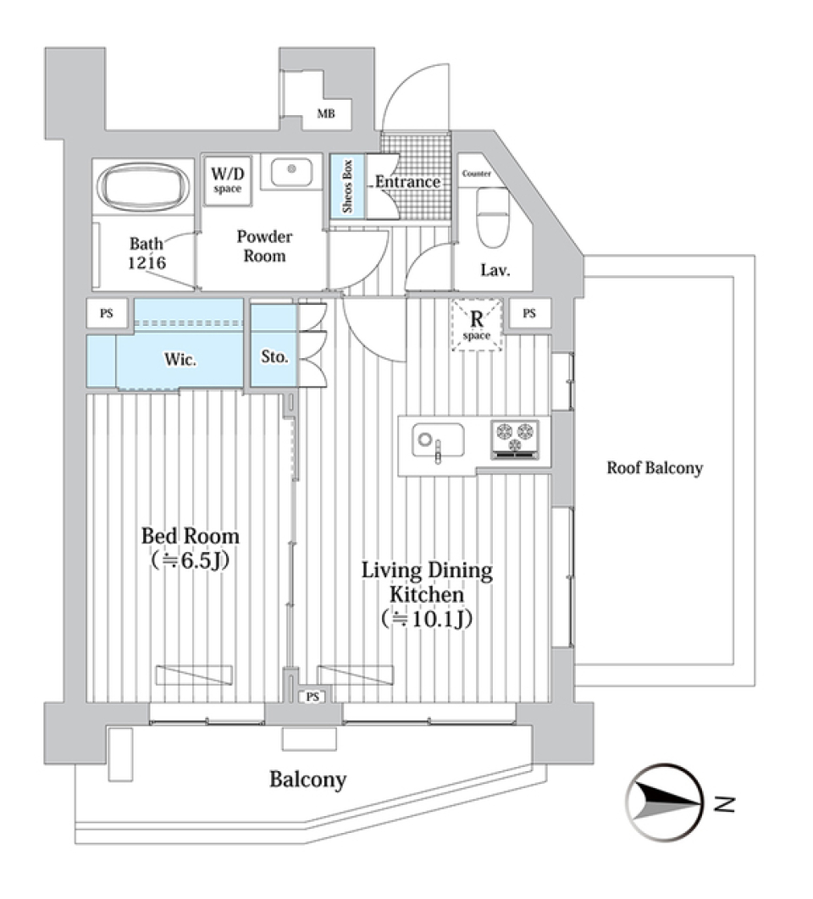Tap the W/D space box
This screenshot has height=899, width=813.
(226, 179)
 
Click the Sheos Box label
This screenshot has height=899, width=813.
(346, 185)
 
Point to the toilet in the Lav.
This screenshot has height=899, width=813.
(491, 215)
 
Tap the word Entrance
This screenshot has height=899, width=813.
(408, 182)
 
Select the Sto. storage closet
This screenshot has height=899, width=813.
(274, 357)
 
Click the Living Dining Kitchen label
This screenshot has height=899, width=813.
(427, 593)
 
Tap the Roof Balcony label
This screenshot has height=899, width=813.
(655, 468)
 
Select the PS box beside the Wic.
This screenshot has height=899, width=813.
(107, 314)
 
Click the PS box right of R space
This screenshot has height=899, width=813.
(529, 313)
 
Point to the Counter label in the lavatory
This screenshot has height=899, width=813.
(477, 174)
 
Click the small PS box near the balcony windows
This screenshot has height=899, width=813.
(312, 696)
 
